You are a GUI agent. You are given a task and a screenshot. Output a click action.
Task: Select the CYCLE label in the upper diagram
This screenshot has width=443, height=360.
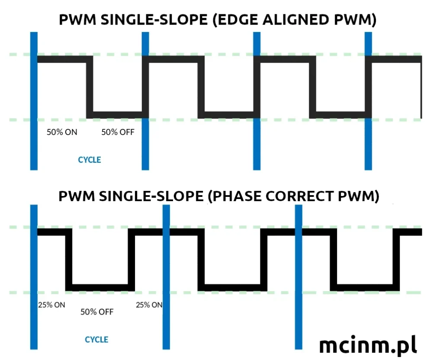90,160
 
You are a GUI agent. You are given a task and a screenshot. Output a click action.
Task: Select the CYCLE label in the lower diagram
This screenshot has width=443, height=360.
96,340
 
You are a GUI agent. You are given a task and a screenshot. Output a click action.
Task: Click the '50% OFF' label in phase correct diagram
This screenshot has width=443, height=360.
97,312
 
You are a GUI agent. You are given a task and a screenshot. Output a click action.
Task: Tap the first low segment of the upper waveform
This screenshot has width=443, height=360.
115,115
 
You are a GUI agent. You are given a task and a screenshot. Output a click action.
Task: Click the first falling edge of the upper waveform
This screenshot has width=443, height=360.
90,87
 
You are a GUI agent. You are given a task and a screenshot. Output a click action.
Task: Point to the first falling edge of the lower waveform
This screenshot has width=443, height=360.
69,260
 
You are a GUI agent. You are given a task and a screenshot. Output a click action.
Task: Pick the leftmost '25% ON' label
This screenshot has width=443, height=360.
51,305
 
